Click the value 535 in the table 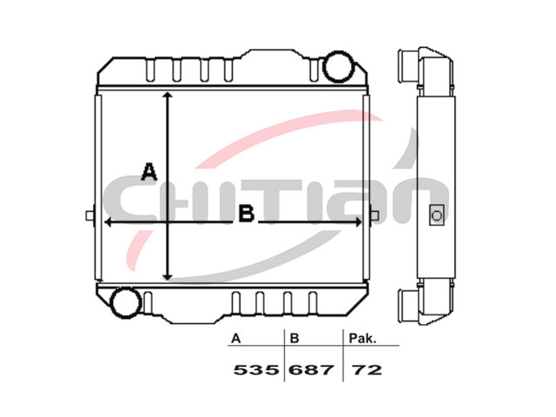pos(256,370)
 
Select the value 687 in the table pos(311,370)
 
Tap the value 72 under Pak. pos(367,370)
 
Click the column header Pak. pos(362,338)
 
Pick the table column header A pos(235,339)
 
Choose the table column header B pos(295,339)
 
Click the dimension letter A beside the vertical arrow pos(149,172)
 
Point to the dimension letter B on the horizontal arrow pos(247,214)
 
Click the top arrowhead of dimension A pos(168,95)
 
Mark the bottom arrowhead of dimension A pos(168,276)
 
